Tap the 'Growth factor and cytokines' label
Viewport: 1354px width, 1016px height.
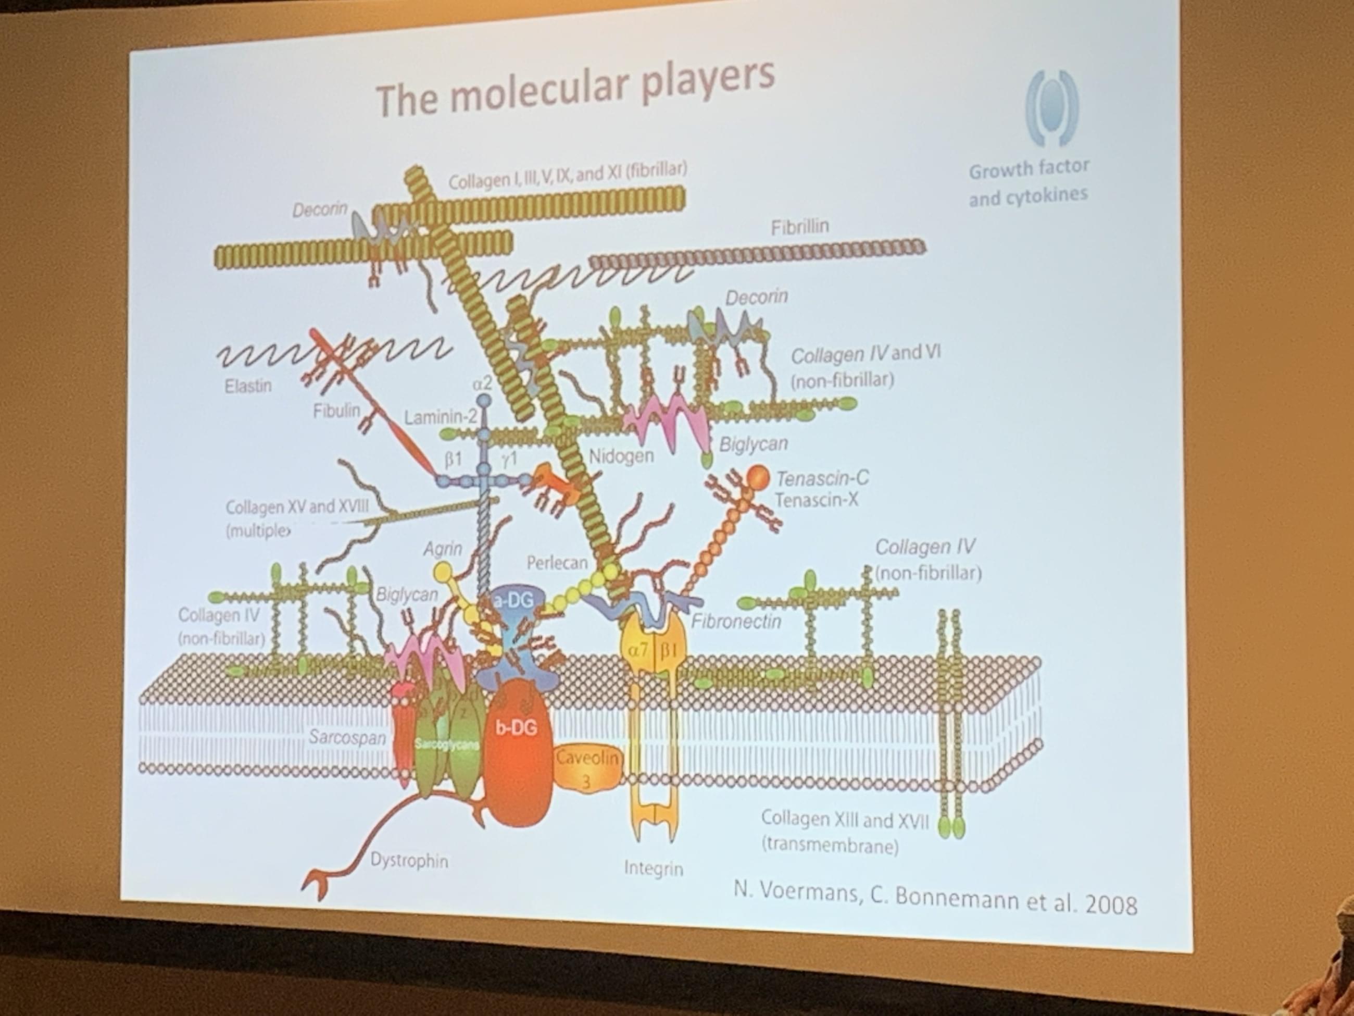tap(1029, 182)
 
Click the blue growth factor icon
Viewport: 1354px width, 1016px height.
tap(1051, 108)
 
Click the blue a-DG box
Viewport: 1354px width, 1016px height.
tap(513, 601)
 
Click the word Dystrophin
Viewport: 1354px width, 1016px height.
tap(409, 860)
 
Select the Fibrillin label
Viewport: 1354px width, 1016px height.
tap(799, 227)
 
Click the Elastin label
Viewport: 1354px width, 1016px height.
tap(248, 387)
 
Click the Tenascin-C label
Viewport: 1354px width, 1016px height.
tap(822, 478)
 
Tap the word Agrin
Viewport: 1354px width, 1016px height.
tap(442, 549)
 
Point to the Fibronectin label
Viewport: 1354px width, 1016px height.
tap(736, 622)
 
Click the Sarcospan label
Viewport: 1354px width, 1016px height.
tap(346, 737)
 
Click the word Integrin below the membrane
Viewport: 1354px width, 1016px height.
tap(653, 868)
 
